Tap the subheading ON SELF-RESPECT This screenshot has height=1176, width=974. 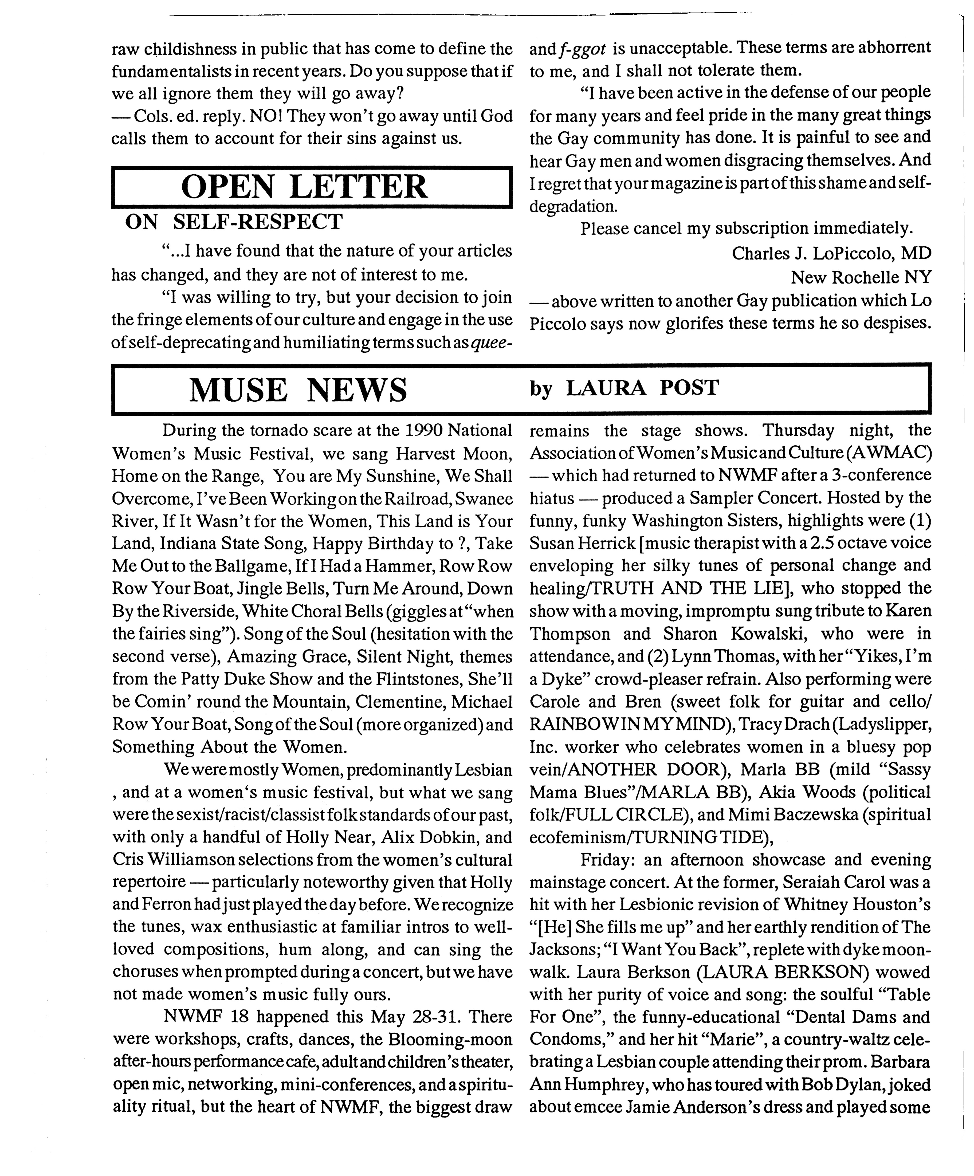click(234, 222)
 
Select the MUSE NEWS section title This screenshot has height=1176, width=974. click(298, 390)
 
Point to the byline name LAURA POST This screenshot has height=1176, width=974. click(642, 388)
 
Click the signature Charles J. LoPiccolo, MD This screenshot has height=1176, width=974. click(831, 254)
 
